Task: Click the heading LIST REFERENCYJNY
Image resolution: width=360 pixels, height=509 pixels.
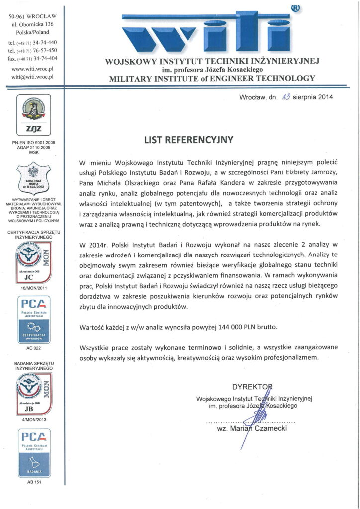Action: click(188, 140)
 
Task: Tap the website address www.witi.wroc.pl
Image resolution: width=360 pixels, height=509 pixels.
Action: click(32, 68)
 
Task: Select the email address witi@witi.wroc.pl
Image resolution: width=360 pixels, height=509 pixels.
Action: click(32, 77)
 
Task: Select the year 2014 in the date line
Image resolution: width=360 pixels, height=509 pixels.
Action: click(324, 97)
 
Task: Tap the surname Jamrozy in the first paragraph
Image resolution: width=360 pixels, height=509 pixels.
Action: click(323, 172)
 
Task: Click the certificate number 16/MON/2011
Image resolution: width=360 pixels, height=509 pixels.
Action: click(32, 287)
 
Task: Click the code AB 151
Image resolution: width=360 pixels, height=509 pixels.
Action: click(32, 482)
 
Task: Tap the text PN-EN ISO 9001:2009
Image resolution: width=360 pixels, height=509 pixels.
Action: click(32, 142)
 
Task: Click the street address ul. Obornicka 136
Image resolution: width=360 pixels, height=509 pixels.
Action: click(33, 24)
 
